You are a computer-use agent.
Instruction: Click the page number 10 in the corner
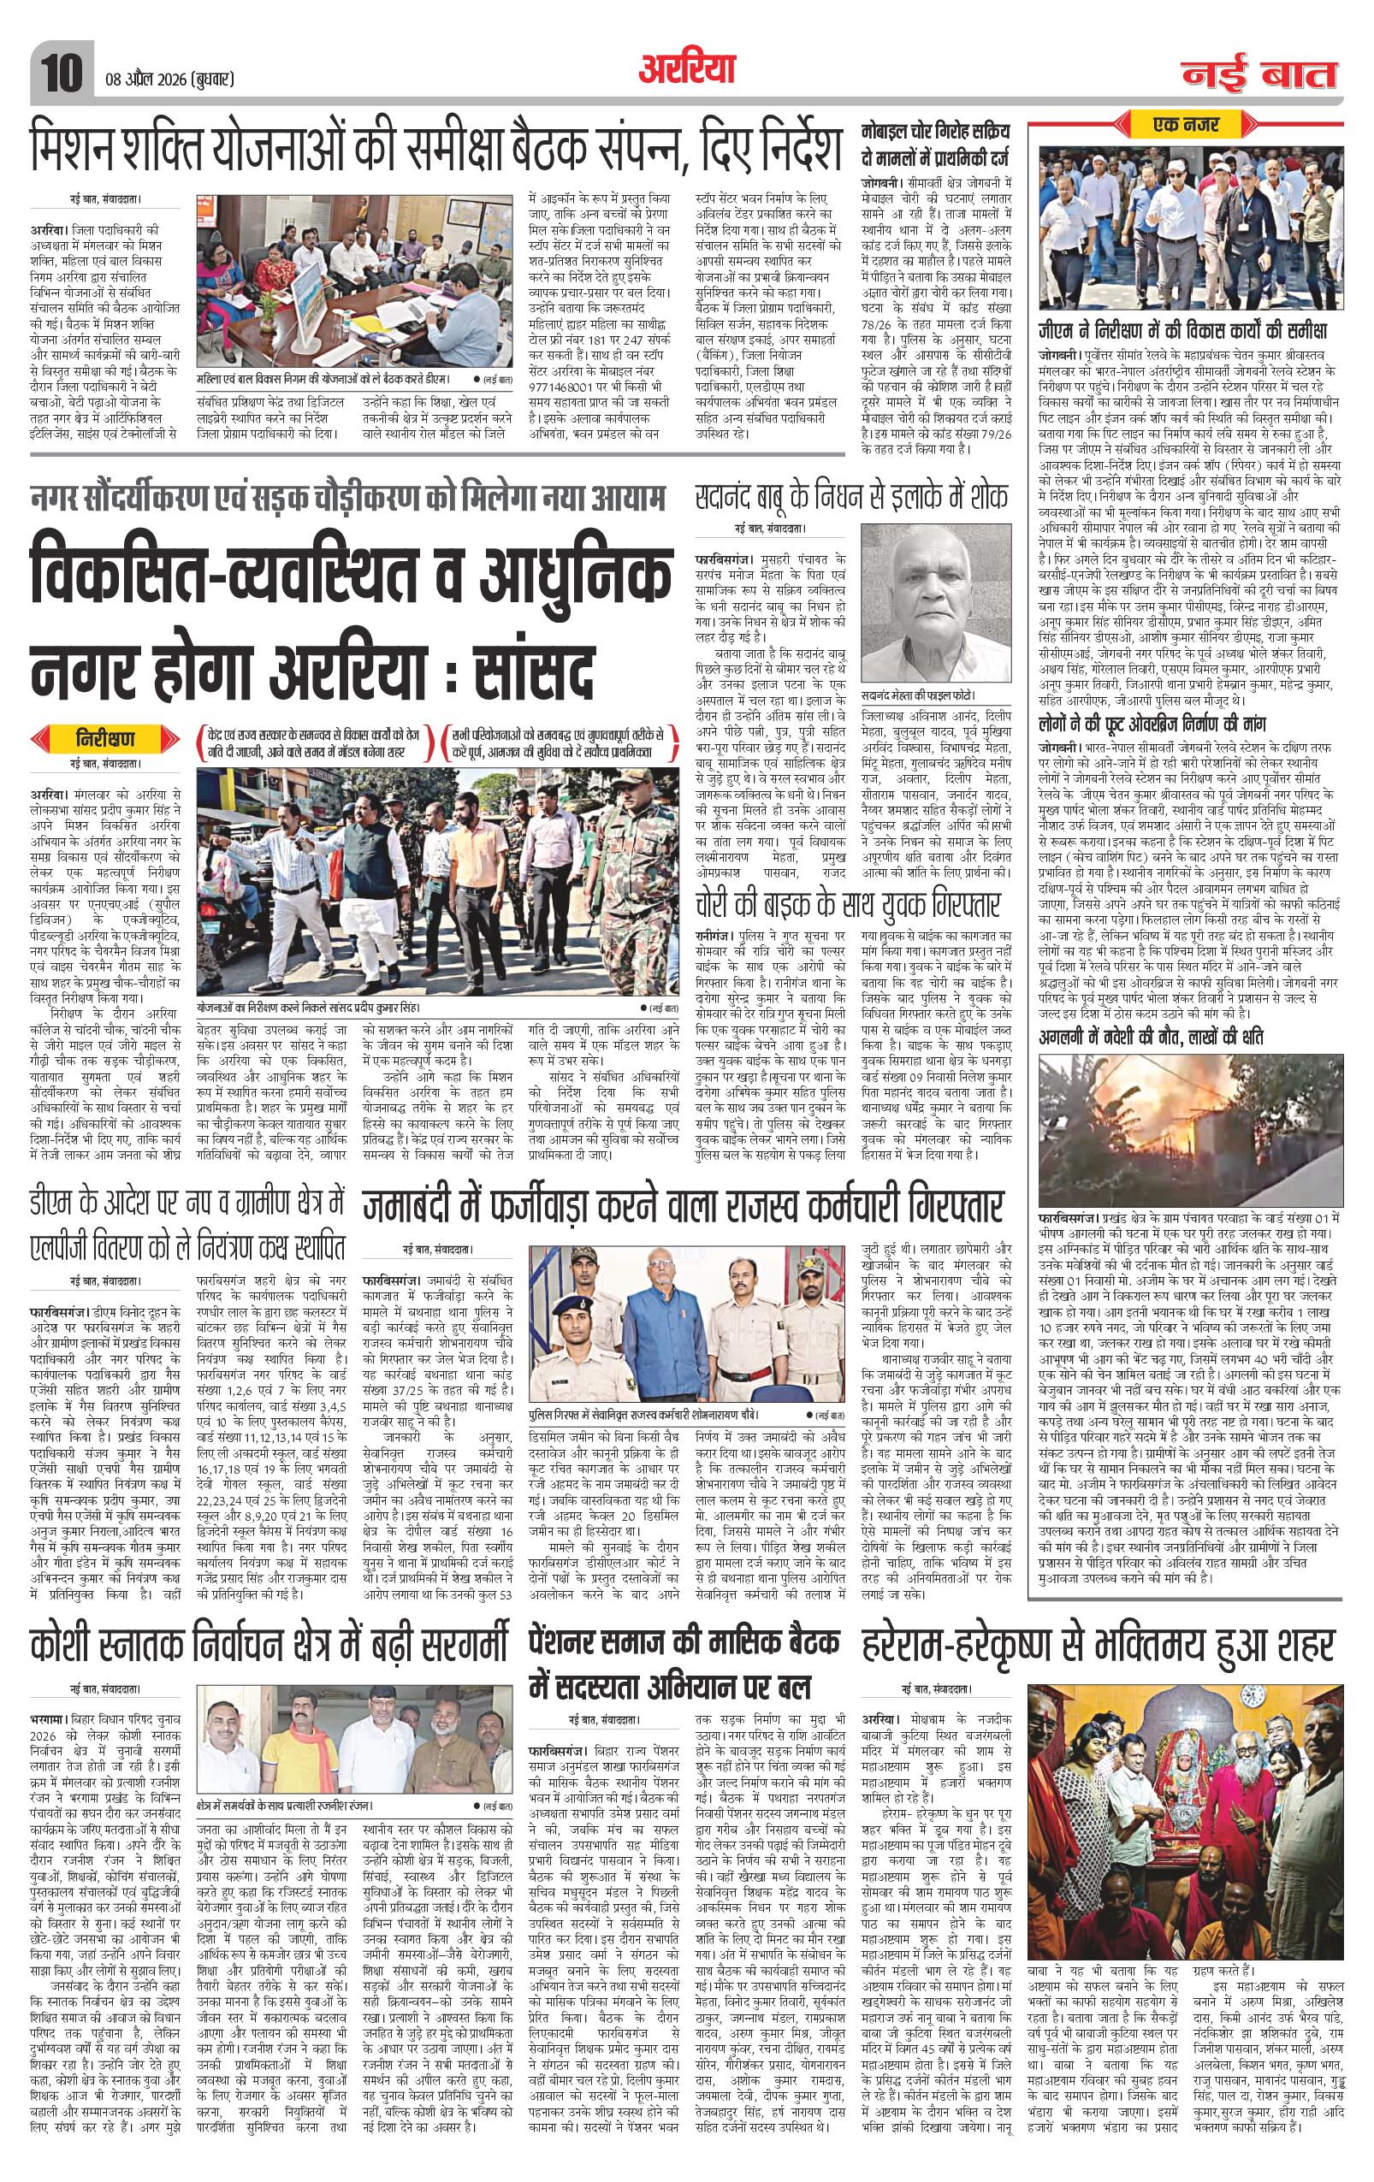pos(62,66)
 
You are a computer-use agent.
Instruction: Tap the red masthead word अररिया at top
pos(686,66)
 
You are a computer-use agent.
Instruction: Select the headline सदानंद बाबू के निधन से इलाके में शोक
pos(850,497)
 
